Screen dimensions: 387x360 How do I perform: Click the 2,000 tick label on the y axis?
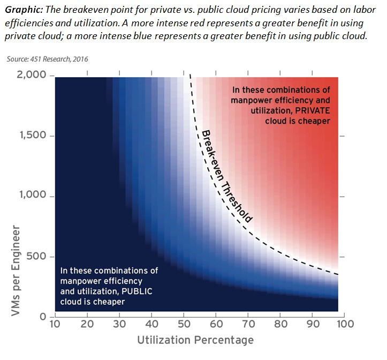click(x=32, y=74)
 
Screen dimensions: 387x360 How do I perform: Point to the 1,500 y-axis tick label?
click(x=33, y=136)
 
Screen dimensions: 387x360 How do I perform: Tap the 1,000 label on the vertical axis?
click(x=33, y=195)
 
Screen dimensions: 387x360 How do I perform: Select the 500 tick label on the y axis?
click(x=36, y=256)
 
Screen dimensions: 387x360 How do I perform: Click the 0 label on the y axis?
click(x=43, y=317)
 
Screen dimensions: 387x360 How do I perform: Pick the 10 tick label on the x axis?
click(x=55, y=324)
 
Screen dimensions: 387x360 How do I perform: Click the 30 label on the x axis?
click(x=119, y=324)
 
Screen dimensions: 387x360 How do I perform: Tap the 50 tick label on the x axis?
click(x=184, y=324)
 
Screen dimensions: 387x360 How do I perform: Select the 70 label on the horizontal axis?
click(x=248, y=324)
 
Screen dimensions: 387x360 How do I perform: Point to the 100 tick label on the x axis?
click(x=346, y=324)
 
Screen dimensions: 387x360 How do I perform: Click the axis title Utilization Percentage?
click(x=195, y=340)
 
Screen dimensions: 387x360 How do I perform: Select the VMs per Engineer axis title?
click(x=16, y=271)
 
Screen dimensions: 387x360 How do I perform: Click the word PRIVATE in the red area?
click(x=313, y=110)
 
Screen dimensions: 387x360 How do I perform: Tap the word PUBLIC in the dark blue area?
click(x=137, y=291)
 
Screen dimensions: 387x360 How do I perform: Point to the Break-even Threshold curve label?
click(x=227, y=176)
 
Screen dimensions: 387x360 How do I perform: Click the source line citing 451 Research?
click(x=48, y=59)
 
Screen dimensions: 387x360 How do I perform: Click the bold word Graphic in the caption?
click(x=24, y=10)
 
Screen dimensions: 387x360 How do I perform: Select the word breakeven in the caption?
click(x=84, y=10)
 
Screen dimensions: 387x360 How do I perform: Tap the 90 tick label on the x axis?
click(x=313, y=324)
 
